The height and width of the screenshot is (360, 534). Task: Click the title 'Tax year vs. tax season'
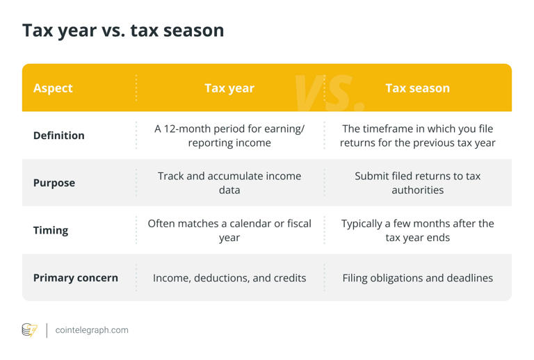coord(123,31)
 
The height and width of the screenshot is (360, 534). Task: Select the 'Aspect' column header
coord(53,88)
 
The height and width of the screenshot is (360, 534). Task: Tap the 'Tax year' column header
coord(229,88)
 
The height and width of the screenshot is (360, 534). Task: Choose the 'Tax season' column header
coord(417,88)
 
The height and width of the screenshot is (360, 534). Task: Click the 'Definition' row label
coord(59,136)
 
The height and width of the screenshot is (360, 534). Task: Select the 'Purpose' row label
coord(54,183)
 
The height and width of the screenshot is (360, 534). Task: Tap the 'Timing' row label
coord(51,230)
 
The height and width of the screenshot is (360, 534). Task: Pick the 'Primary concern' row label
coord(76,277)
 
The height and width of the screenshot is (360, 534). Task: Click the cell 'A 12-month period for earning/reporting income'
coord(229,136)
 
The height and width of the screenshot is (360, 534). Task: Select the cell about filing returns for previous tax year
coord(417,136)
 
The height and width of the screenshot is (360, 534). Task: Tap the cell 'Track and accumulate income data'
coord(229,183)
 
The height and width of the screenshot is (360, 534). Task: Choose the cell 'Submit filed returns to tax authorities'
coord(417,183)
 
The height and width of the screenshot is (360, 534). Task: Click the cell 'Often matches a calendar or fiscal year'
coord(229,230)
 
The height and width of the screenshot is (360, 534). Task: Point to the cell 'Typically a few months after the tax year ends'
coord(417,230)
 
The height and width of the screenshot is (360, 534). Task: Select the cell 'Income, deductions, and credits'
coord(229,277)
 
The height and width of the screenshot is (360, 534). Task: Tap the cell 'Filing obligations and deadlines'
coord(417,277)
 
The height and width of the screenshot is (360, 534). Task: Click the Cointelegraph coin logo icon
coord(29,330)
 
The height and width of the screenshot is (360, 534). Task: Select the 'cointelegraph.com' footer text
coord(92,330)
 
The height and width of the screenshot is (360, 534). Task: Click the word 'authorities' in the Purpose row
coord(417,190)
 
